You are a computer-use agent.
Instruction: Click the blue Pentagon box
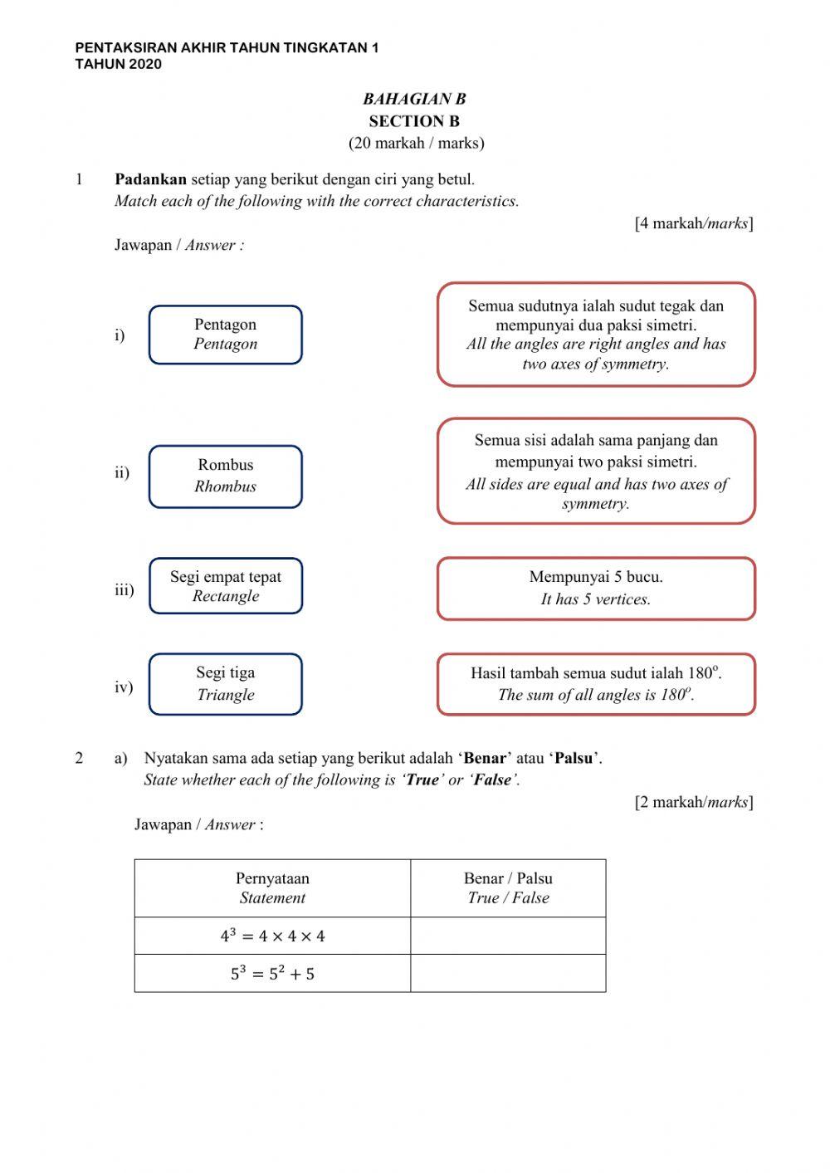pos(225,335)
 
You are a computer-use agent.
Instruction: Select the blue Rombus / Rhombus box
pos(225,476)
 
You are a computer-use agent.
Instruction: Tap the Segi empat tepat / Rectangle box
pos(225,586)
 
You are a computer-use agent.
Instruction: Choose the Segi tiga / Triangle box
pos(225,684)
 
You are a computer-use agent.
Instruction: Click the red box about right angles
pos(596,335)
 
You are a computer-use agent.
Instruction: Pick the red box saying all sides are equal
pos(596,471)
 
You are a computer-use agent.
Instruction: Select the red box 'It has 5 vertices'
pos(596,589)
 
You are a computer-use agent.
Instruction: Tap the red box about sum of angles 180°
pos(596,684)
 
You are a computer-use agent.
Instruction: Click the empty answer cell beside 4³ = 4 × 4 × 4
pos(508,936)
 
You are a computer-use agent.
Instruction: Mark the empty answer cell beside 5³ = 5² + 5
pos(508,973)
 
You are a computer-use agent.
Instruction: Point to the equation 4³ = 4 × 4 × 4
pos(272,936)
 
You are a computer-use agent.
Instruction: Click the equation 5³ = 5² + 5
pos(272,973)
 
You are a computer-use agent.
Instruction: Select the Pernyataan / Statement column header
pos(272,887)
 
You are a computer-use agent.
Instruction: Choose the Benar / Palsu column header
pos(508,887)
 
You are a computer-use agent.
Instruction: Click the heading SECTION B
pos(414,121)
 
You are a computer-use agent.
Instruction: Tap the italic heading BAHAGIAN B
pos(414,99)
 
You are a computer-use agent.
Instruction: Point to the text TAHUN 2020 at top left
pos(118,64)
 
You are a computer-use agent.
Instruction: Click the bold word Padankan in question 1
pos(150,179)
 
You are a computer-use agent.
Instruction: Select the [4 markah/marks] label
pos(694,223)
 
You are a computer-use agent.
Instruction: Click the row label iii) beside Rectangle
pos(124,589)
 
